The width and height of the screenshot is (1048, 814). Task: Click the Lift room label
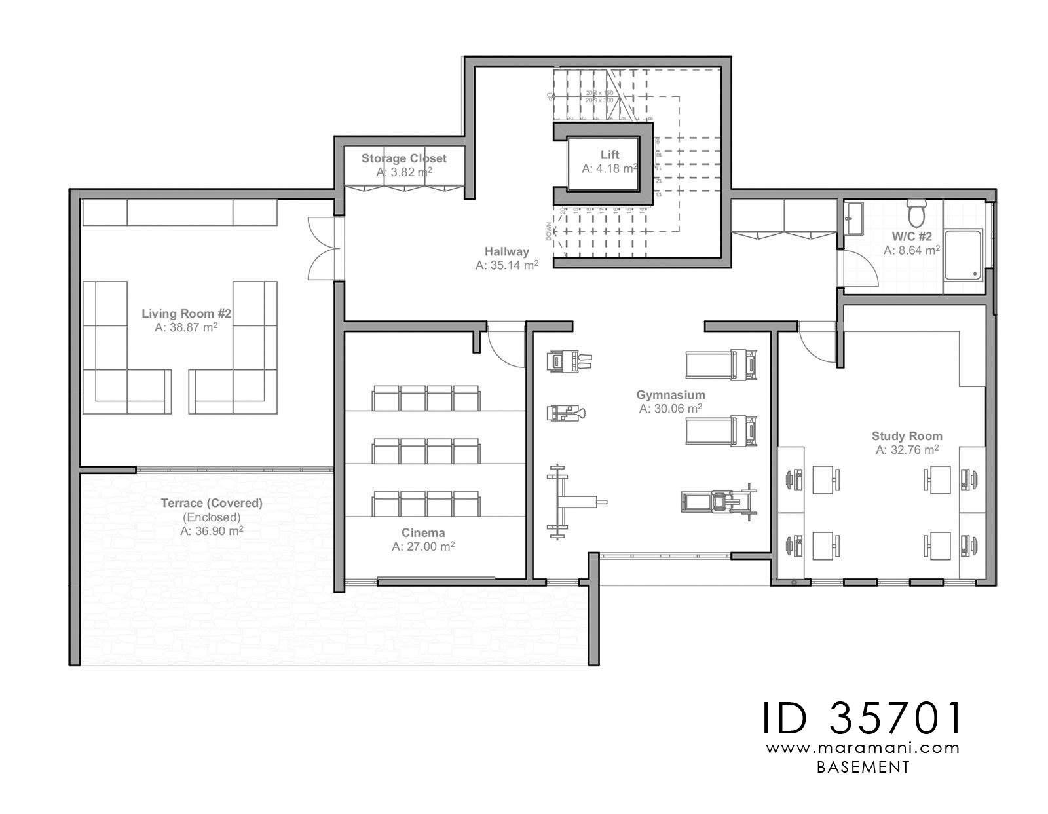click(x=609, y=155)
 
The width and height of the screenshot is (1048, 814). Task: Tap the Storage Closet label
click(x=403, y=158)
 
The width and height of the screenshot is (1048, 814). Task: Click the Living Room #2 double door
click(x=324, y=249)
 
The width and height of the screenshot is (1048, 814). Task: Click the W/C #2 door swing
click(x=859, y=268)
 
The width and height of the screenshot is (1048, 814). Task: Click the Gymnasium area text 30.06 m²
click(x=671, y=409)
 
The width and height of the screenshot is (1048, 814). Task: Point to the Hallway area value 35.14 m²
click(x=507, y=265)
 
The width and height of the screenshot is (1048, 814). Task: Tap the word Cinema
click(x=423, y=533)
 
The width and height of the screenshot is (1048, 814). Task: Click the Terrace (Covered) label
click(x=212, y=504)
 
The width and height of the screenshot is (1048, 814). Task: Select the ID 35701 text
click(x=862, y=718)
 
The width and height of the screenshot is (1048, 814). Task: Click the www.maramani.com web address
click(x=862, y=748)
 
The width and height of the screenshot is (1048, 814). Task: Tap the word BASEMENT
click(x=863, y=768)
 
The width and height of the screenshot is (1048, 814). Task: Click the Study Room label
click(x=907, y=436)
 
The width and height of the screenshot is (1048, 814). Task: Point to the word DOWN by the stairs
click(x=548, y=231)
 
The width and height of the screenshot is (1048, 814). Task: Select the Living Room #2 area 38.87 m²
click(x=186, y=327)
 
